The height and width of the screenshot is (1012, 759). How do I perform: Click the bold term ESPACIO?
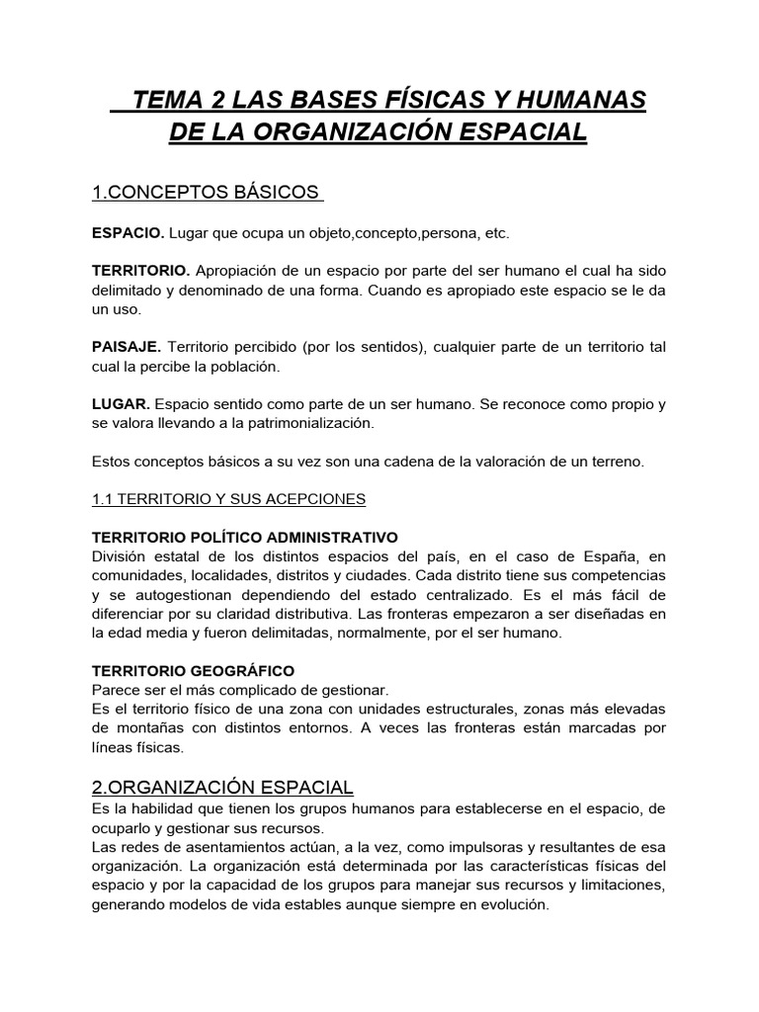point(127,233)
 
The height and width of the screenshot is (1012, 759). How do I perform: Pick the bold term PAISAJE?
point(126,347)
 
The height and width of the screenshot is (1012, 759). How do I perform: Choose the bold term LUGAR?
point(121,404)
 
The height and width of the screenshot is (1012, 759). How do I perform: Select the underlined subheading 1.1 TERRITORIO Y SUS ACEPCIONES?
point(228,500)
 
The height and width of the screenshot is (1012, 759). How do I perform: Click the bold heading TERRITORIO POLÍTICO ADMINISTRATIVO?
point(244,538)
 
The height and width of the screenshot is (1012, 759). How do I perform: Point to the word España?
point(613,556)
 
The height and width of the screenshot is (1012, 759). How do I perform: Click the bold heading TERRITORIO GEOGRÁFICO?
point(193,671)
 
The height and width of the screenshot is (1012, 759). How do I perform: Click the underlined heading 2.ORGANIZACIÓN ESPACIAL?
point(221,787)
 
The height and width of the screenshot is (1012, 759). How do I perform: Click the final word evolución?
point(510,904)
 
